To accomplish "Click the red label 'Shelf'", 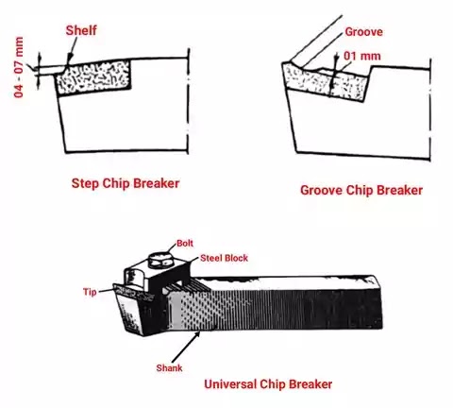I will (x=82, y=30).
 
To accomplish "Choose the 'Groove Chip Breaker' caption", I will (x=361, y=191).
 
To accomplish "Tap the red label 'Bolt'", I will (x=187, y=243).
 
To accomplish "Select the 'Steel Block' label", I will (x=223, y=258).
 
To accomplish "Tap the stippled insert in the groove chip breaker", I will (x=330, y=86).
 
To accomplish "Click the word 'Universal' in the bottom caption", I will (x=232, y=384).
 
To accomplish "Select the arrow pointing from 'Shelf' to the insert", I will (x=72, y=51).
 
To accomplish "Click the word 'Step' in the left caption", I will (x=87, y=180).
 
